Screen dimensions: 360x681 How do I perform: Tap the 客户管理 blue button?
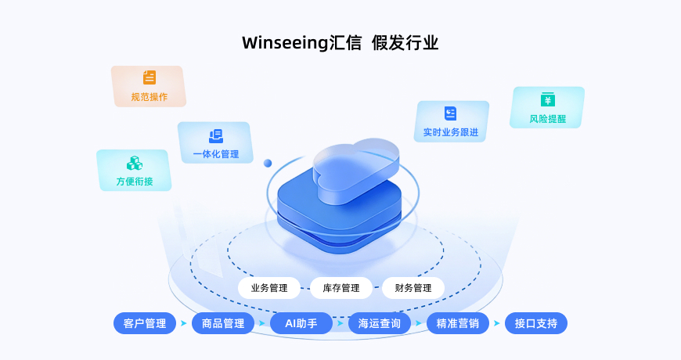[x=145, y=323]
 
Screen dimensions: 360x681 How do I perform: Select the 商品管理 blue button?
[x=223, y=323]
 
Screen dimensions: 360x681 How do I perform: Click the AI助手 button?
[x=301, y=323]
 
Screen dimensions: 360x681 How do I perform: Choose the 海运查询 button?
[x=380, y=323]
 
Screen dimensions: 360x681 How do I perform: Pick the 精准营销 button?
[x=458, y=323]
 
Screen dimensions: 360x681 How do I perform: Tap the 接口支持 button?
[x=536, y=323]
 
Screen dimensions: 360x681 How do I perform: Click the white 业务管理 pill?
[x=269, y=288]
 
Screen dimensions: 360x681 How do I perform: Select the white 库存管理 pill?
[x=341, y=288]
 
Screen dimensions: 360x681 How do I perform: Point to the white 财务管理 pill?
[x=413, y=288]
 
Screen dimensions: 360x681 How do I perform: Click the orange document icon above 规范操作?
[x=150, y=77]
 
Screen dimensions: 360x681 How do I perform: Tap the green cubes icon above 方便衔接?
[x=135, y=163]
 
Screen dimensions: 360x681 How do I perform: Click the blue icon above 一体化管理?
[x=216, y=135]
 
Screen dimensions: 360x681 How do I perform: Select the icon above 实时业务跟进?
[x=450, y=113]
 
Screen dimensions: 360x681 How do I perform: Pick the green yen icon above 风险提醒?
[x=548, y=99]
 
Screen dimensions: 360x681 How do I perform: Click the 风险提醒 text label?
[x=548, y=120]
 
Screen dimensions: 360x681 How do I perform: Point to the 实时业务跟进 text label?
[x=450, y=132]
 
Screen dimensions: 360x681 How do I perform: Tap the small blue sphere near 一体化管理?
[x=268, y=163]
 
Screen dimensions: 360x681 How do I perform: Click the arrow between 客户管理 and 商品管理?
[x=184, y=323]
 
